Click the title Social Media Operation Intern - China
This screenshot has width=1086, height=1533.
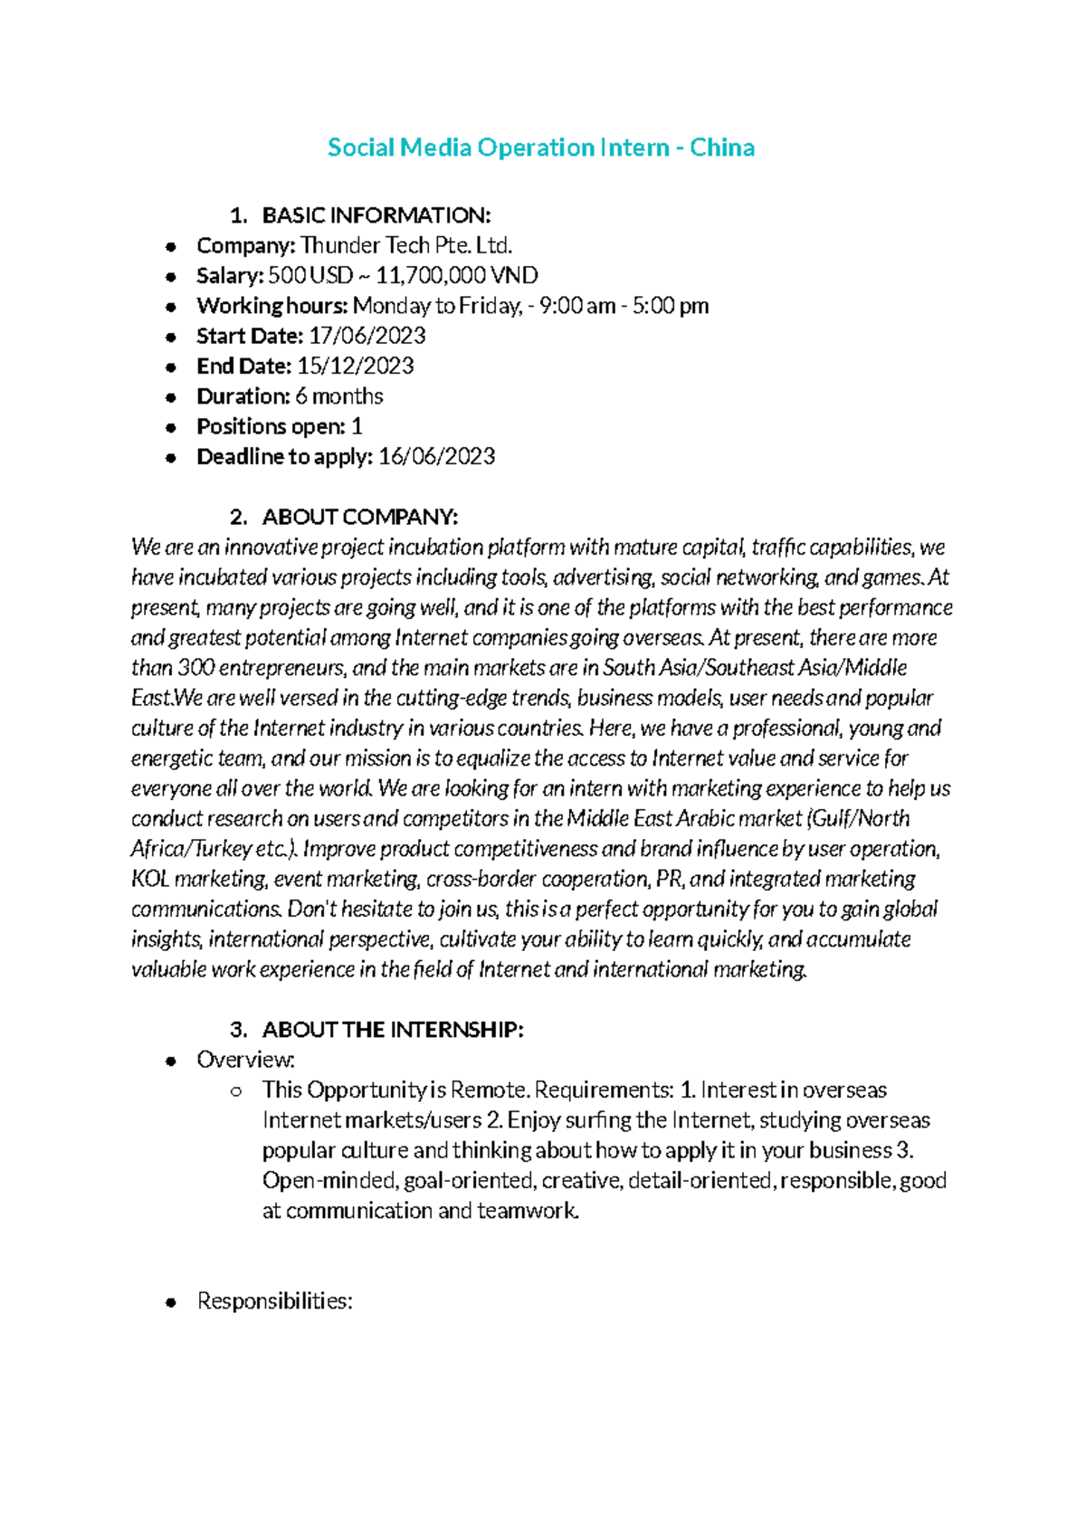[x=540, y=148]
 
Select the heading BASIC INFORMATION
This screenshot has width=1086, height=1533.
[x=376, y=215]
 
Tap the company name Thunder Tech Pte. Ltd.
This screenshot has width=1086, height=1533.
[x=406, y=245]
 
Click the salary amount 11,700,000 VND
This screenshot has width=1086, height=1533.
[x=457, y=275]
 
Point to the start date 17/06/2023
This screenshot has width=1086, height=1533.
[x=367, y=336]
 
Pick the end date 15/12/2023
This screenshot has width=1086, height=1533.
[x=355, y=366]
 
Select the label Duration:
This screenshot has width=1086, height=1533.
[x=243, y=396]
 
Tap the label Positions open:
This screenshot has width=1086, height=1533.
[x=271, y=426]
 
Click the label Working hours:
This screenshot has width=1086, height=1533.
[x=271, y=306]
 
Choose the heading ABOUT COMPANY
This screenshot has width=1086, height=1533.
[x=359, y=517]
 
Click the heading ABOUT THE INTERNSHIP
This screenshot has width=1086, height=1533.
[x=392, y=1030]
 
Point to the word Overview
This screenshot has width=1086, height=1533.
[x=244, y=1060]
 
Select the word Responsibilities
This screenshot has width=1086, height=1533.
[x=273, y=1301]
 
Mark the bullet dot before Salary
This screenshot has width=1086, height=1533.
[x=171, y=276]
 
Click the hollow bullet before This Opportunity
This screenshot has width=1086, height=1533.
[x=236, y=1091]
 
